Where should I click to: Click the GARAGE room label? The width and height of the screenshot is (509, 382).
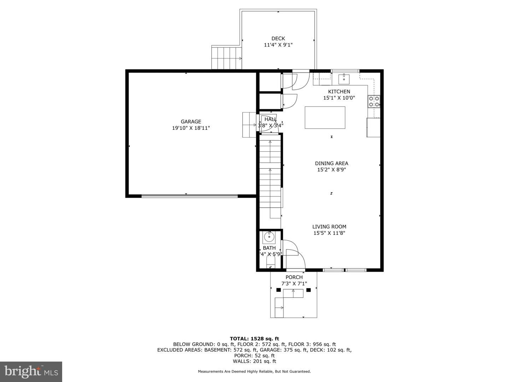191,122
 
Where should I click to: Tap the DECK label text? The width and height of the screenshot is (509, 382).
278,39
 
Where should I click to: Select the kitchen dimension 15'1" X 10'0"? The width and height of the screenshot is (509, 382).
339,98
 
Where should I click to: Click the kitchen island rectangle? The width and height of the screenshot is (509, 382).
325,117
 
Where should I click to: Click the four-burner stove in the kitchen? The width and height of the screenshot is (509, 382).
374,102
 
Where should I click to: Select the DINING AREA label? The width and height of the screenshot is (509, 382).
332,163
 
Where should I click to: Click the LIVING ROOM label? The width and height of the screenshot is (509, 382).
329,227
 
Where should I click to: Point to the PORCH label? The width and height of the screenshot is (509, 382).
294,277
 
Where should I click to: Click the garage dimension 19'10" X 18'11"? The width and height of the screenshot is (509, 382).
191,128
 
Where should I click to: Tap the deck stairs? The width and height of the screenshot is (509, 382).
227,58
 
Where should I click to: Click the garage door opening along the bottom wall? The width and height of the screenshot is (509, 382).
190,196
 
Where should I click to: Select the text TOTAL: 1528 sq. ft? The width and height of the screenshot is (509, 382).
254,338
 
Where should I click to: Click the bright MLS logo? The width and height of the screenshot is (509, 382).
31,371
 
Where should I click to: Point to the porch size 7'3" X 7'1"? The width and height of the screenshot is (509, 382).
294,284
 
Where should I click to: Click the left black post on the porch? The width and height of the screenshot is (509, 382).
279,290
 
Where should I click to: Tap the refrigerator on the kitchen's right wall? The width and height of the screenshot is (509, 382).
373,127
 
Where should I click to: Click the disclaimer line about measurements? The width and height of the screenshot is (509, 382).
254,371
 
